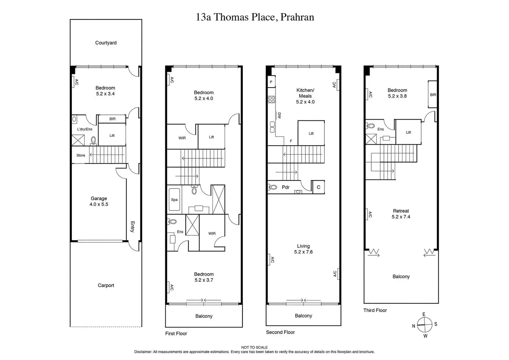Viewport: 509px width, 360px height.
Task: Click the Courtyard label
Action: [x=106, y=43]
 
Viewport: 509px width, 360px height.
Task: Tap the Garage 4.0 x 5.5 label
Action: [x=99, y=201]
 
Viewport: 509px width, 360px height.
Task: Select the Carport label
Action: [x=106, y=285]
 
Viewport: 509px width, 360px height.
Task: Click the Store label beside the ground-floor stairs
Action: [x=81, y=156]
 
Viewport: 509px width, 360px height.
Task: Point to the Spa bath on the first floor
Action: [x=174, y=200]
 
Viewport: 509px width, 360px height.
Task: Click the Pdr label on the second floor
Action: [x=286, y=187]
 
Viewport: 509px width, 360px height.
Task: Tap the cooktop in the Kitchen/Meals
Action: [x=271, y=100]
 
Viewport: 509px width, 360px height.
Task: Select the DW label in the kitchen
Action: [x=279, y=116]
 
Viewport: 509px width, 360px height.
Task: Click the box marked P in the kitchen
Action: [x=271, y=82]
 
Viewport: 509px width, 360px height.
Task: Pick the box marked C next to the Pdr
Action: [x=318, y=187]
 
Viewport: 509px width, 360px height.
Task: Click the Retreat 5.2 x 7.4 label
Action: [x=401, y=214]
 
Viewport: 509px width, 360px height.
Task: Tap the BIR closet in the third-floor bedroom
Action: [x=433, y=94]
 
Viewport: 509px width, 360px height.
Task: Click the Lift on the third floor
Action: [x=408, y=132]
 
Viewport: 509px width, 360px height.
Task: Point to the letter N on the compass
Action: [x=414, y=326]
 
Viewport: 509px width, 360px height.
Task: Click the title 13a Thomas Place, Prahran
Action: [x=255, y=17]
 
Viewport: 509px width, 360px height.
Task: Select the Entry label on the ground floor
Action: [x=133, y=227]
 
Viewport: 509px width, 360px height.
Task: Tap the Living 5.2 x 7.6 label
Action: [x=303, y=249]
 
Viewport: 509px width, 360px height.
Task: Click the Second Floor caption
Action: [x=280, y=332]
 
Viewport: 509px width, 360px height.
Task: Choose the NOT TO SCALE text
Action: [x=254, y=347]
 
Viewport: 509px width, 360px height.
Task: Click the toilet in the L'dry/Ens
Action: [x=93, y=141]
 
